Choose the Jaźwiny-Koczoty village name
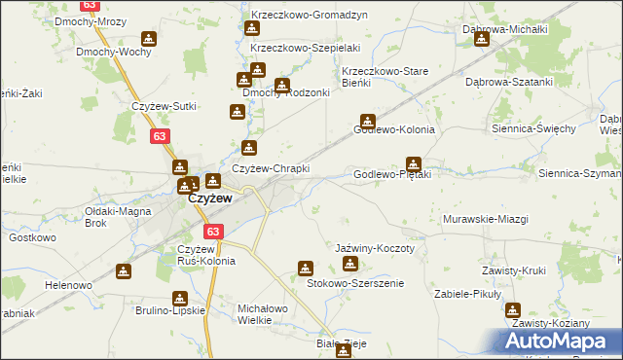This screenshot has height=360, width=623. (x=375, y=248)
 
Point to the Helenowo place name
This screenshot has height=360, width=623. (x=67, y=285)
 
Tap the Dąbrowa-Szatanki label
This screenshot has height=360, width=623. (x=507, y=82)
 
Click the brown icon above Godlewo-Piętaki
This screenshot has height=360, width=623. (x=414, y=164)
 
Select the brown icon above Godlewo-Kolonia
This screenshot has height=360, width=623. (x=367, y=121)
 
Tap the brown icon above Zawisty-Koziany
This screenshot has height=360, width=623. (x=512, y=309)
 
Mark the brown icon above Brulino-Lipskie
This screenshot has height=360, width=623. (x=123, y=271)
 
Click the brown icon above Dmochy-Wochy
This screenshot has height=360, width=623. (x=148, y=39)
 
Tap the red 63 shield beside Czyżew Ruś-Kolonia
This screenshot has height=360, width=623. (x=214, y=233)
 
